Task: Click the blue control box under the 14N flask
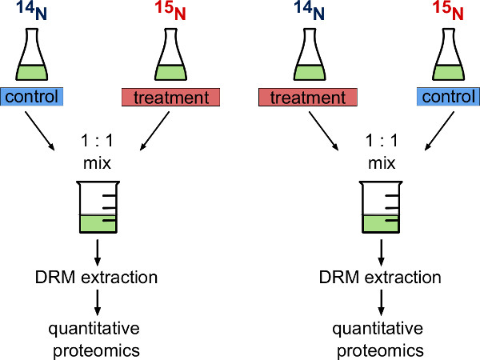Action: [32, 98]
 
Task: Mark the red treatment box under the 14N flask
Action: [308, 98]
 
